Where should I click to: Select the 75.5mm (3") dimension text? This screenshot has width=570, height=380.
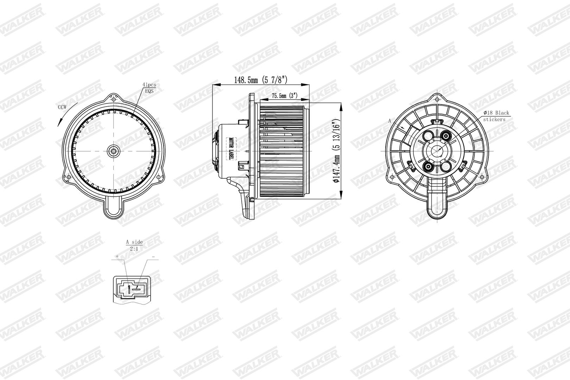[x=285, y=96]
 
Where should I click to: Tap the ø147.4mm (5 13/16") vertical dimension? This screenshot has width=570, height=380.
[x=336, y=151]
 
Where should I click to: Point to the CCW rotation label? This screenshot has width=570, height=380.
[x=62, y=107]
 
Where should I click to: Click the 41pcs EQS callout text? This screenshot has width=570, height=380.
[x=150, y=88]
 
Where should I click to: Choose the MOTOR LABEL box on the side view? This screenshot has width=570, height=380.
[x=231, y=149]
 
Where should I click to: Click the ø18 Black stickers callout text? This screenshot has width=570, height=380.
[x=496, y=116]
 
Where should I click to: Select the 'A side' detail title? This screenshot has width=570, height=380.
[x=134, y=242]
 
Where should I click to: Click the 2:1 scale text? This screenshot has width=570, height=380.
[x=134, y=249]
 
